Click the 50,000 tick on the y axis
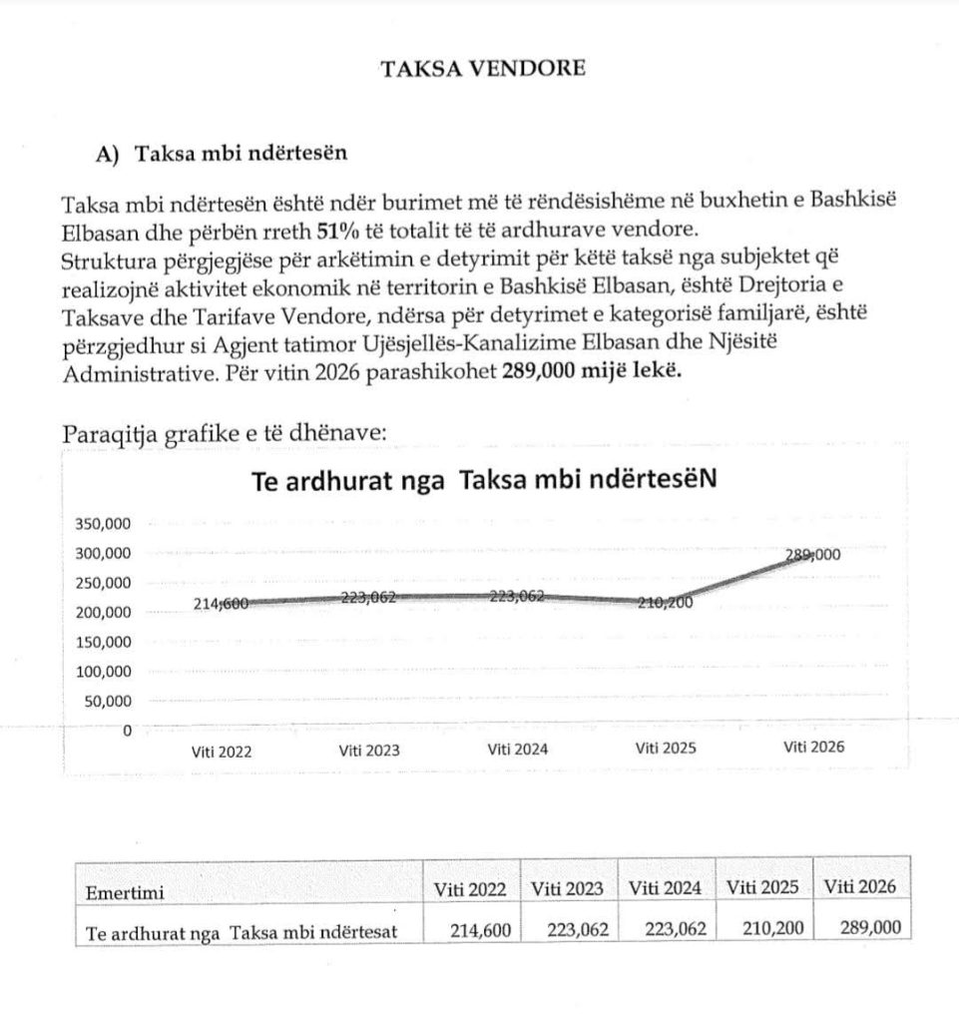[110, 701]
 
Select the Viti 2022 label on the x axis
[222, 751]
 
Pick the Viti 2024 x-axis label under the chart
[517, 749]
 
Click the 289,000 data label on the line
[812, 556]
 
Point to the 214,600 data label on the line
[221, 603]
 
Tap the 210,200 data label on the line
[665, 602]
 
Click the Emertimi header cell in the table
[125, 891]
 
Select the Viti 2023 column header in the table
[568, 887]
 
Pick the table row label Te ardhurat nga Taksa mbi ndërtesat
[242, 932]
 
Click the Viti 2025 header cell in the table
[763, 886]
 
